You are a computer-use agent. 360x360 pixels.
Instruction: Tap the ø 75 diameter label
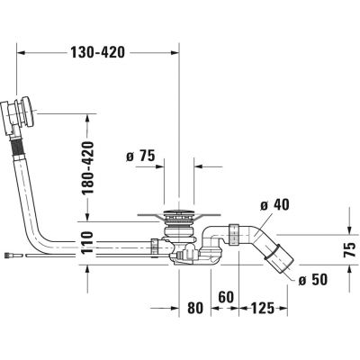(142, 158)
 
